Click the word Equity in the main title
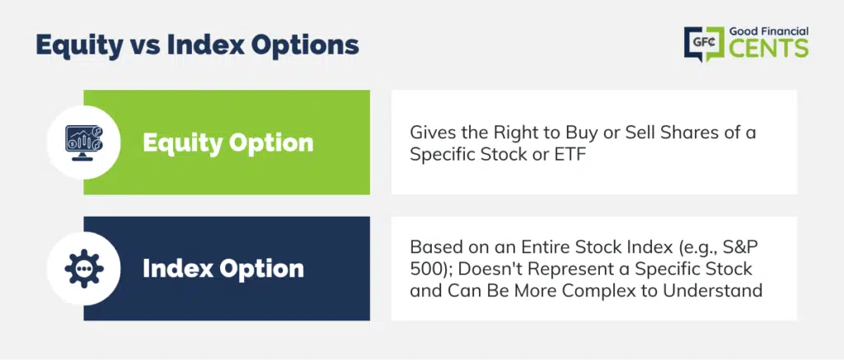click(79, 46)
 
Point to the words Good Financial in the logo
click(769, 32)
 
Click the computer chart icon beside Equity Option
click(83, 142)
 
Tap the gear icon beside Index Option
click(84, 268)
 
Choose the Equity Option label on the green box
click(227, 143)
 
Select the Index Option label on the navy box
click(223, 269)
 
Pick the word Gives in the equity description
click(428, 132)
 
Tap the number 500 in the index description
click(424, 269)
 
